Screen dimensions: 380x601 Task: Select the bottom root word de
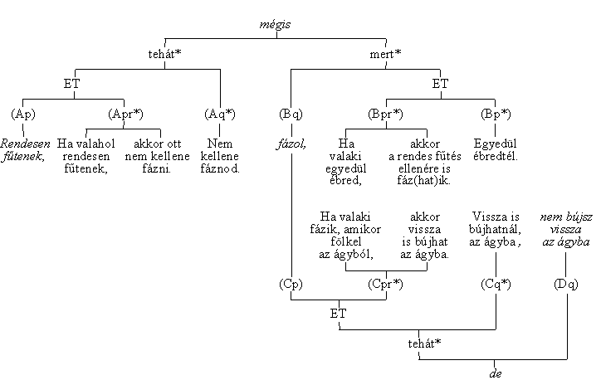pos(496,373)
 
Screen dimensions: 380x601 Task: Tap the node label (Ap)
pos(24,113)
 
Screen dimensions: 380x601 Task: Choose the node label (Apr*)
pos(125,113)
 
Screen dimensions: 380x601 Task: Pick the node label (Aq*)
pos(220,113)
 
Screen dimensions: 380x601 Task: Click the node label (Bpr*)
pos(385,113)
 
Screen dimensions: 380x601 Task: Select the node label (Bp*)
pos(496,113)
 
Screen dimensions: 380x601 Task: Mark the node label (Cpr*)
pos(385,284)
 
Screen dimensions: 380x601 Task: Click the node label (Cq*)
pos(496,284)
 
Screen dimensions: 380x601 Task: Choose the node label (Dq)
pos(565,284)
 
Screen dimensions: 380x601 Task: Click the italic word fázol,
pos(291,143)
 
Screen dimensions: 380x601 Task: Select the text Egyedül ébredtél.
pos(496,149)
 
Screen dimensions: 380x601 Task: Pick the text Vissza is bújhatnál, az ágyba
pos(496,228)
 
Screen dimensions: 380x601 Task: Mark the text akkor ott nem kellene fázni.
pos(159,156)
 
